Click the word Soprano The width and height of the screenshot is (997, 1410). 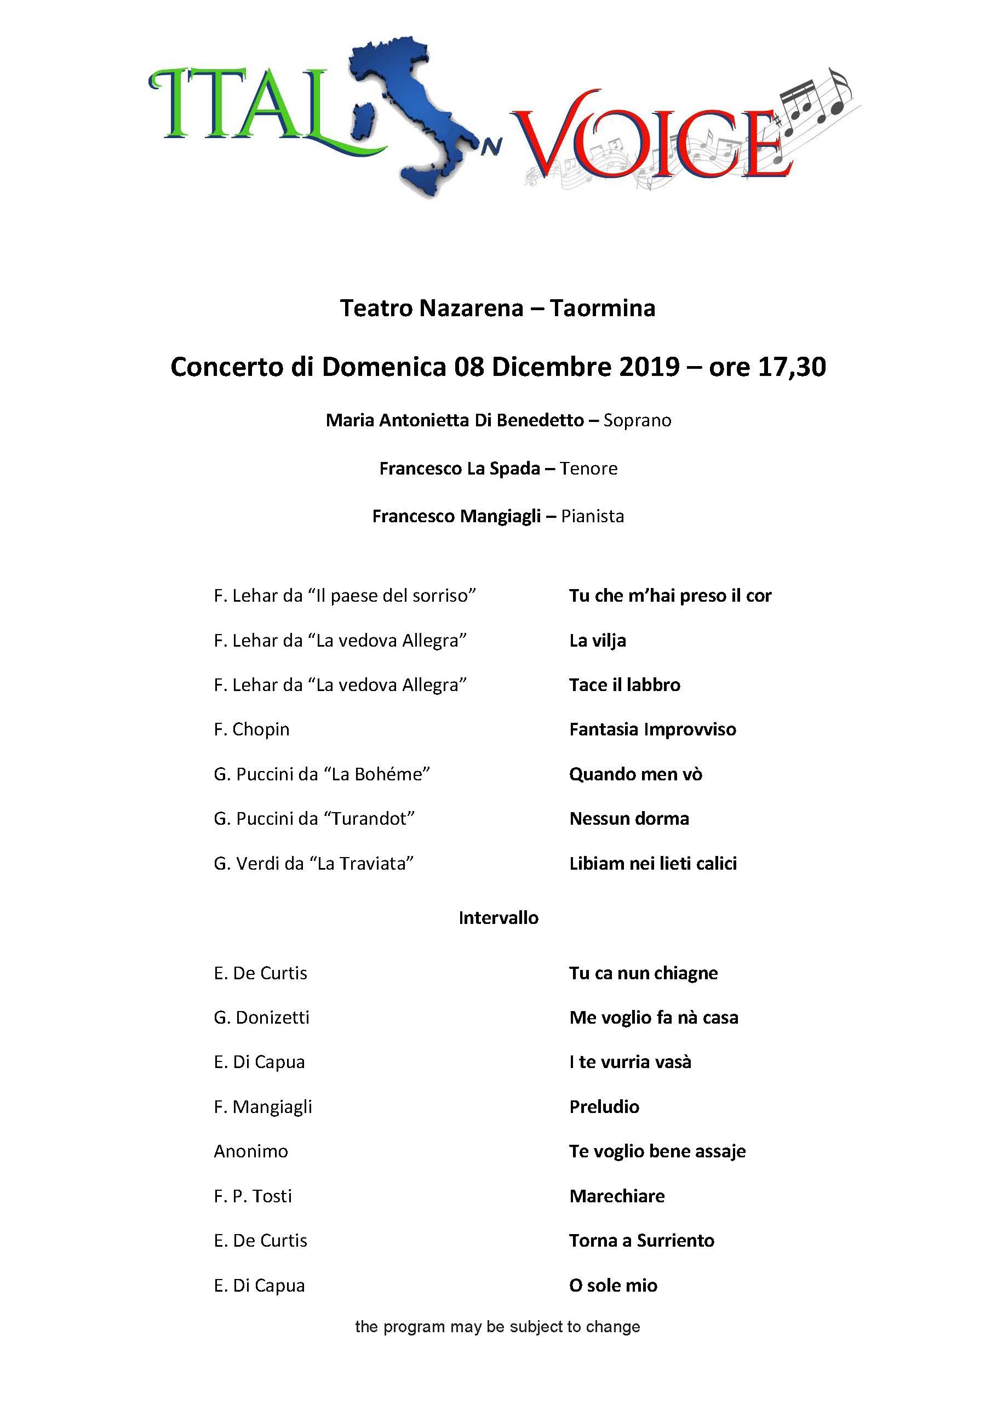click(637, 421)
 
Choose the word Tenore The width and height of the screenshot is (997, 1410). click(589, 469)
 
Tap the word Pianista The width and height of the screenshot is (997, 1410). click(592, 516)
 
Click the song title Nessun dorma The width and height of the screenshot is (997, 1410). click(629, 819)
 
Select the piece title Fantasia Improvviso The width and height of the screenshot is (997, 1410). click(652, 729)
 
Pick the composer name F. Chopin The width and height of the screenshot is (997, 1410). click(251, 729)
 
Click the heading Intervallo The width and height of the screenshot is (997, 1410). click(499, 918)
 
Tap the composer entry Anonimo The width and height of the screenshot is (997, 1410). click(250, 1151)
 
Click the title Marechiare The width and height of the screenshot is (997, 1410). click(617, 1196)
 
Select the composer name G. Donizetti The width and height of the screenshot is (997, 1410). click(261, 1018)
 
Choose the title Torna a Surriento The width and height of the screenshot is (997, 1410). click(641, 1241)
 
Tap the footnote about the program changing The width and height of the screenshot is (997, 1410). click(498, 1327)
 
